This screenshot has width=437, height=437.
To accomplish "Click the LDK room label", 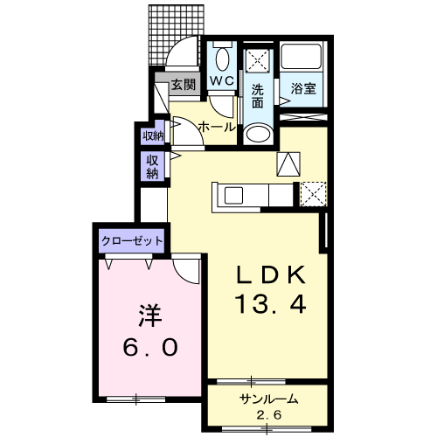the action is coord(271,274).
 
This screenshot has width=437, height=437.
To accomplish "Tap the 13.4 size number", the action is coord(271,304).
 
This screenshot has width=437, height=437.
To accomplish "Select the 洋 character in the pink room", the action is coord(150,316).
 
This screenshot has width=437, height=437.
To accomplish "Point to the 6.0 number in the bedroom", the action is coord(150,347).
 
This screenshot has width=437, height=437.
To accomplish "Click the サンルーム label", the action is coord(268,399).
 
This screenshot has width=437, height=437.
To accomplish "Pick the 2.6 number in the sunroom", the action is coord(269,414).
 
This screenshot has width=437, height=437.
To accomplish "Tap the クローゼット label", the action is coord(132,241).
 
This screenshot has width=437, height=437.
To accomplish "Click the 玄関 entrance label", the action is coord(183,85).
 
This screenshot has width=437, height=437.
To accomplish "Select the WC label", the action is coord(222,80).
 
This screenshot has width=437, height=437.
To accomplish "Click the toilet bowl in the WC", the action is coord(222,59).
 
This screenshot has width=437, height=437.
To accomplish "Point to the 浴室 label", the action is coord(303,88).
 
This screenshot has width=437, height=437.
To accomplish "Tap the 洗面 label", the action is coord(258,95).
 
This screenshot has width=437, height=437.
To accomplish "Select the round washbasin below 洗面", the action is coord(258,134).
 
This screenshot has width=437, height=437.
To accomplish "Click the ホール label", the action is coord(217,127).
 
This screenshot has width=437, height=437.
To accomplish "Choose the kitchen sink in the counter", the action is coord(233,195).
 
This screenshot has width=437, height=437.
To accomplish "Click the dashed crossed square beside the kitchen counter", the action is coord(314,194).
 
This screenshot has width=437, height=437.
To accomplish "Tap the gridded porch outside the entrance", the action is coord(176,35).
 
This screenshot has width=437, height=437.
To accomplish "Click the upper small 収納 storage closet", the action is coord(153,135).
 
